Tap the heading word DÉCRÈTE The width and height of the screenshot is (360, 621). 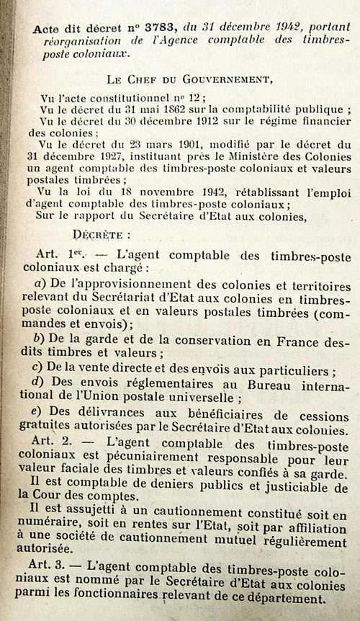(102, 234)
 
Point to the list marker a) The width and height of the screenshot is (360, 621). (40, 284)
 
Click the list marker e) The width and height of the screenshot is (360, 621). (40, 414)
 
